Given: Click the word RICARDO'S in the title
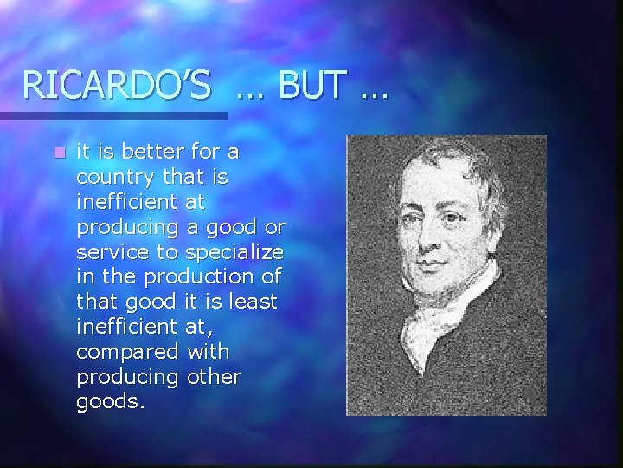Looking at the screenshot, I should point(117,86).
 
